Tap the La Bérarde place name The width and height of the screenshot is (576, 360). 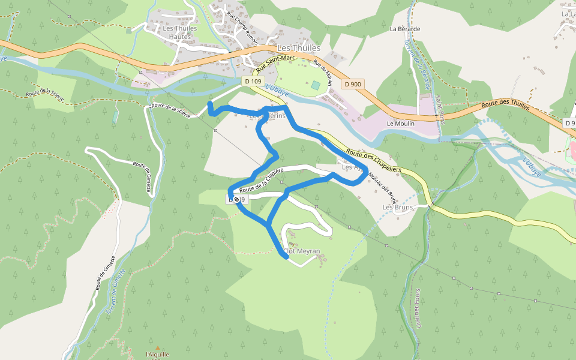(404, 28)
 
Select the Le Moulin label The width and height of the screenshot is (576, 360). (401, 124)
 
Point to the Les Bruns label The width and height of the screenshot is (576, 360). (398, 208)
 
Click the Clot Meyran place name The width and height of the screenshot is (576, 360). (301, 251)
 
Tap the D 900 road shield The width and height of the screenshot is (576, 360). (353, 84)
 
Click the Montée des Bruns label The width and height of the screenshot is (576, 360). (383, 186)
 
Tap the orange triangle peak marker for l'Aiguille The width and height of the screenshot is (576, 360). (158, 347)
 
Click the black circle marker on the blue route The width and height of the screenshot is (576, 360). (236, 199)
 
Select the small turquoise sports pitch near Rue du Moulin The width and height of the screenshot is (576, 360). (316, 85)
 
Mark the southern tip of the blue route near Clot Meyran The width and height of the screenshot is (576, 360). (286, 257)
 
